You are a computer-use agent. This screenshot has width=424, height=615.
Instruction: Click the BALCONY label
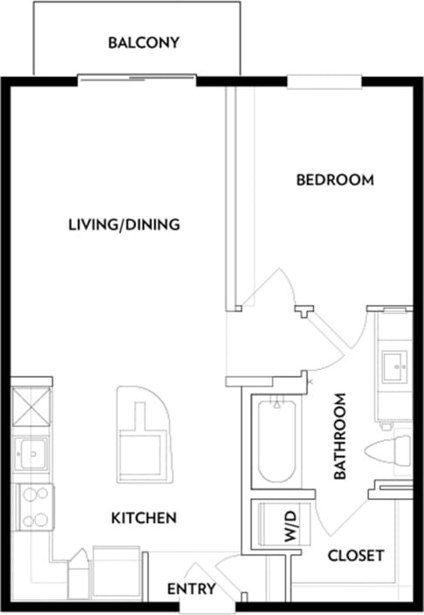143,42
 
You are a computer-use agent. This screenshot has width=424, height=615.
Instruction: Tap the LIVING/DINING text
124,224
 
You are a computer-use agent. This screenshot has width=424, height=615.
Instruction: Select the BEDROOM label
334,181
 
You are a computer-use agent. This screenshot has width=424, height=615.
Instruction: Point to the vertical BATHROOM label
341,436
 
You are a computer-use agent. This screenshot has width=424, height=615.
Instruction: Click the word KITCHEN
144,518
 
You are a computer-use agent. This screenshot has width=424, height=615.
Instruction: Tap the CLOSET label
355,555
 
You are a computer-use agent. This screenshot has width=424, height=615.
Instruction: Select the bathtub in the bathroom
277,441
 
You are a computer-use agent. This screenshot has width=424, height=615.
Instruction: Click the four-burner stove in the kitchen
33,508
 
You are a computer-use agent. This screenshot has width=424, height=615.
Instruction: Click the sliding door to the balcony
138,80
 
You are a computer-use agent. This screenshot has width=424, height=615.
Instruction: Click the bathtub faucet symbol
277,404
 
